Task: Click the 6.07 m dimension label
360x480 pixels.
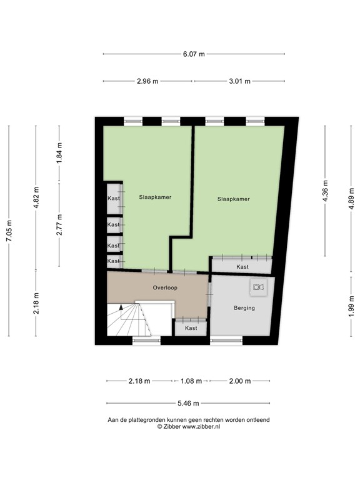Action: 194,54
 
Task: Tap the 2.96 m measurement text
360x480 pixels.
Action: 147,81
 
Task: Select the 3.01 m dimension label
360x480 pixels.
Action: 240,81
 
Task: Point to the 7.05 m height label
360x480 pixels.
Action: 9,231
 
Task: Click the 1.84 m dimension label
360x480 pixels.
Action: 59,152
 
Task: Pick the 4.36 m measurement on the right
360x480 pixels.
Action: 325,191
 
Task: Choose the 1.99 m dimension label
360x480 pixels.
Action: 351,307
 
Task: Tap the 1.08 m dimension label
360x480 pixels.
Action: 191,381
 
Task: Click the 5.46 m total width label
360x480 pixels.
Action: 188,403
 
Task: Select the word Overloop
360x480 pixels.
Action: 165,287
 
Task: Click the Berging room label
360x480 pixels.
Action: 244,308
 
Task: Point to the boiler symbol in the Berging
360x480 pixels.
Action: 258,287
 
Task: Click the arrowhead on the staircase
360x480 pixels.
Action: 121,307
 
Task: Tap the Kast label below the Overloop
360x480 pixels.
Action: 191,328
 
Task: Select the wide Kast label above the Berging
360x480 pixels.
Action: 242,267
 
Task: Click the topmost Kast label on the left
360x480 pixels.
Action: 114,198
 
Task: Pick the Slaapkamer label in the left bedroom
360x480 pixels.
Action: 155,197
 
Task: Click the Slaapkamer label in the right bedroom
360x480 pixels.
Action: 234,199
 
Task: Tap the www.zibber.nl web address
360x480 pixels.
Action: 201,426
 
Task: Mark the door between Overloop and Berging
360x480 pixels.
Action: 209,294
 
